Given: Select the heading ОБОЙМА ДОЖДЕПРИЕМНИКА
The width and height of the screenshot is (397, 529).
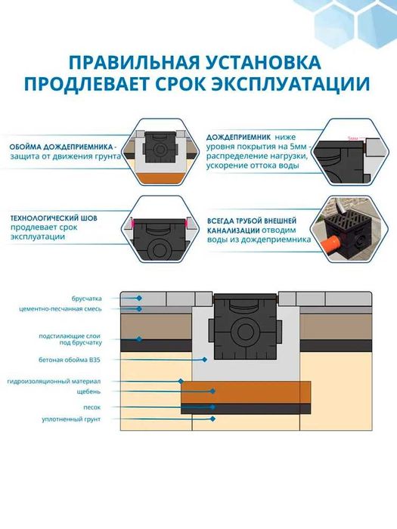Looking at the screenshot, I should pos(63,146).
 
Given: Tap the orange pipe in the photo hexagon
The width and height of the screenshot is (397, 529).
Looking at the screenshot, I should pos(331,245).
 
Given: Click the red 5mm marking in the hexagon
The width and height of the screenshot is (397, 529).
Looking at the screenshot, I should pos(353,139).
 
